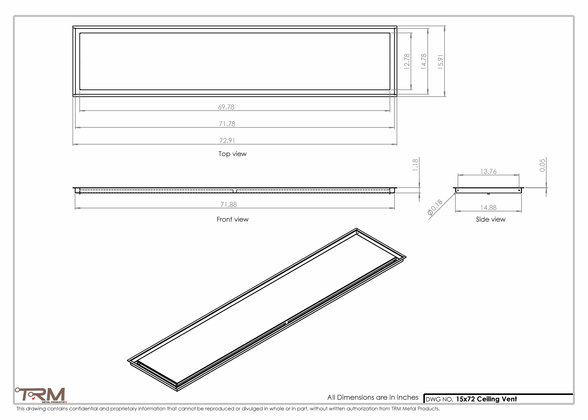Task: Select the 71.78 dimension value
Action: (227, 124)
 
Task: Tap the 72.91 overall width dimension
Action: (227, 141)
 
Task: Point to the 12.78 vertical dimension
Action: (407, 61)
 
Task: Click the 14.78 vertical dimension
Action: (424, 61)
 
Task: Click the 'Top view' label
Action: (232, 154)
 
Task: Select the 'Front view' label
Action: (232, 219)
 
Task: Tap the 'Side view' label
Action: (491, 219)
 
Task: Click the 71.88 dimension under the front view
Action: (229, 205)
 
